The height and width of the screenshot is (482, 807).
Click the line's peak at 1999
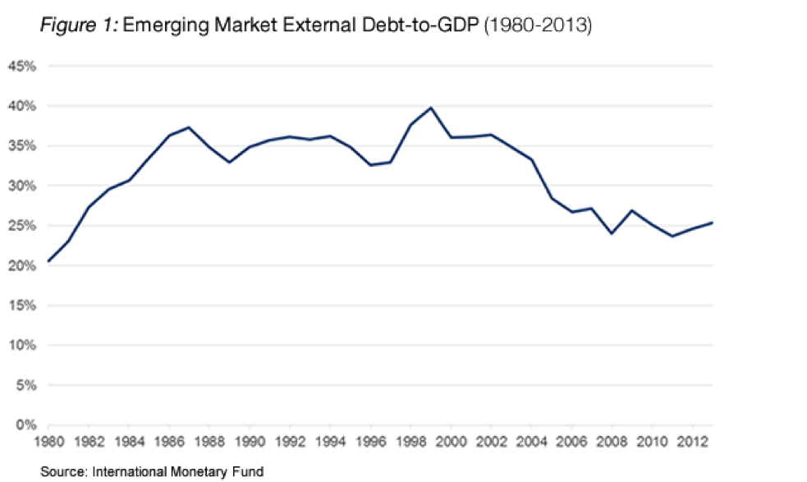click(x=431, y=108)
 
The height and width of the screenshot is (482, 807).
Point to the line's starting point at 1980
click(x=48, y=262)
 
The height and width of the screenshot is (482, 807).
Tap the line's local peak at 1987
click(x=190, y=127)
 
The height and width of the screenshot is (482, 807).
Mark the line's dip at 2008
click(x=612, y=234)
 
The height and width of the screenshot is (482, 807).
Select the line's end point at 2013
click(x=712, y=223)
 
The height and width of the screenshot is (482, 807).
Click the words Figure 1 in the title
click(x=79, y=26)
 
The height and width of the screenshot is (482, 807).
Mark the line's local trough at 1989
click(x=230, y=163)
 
